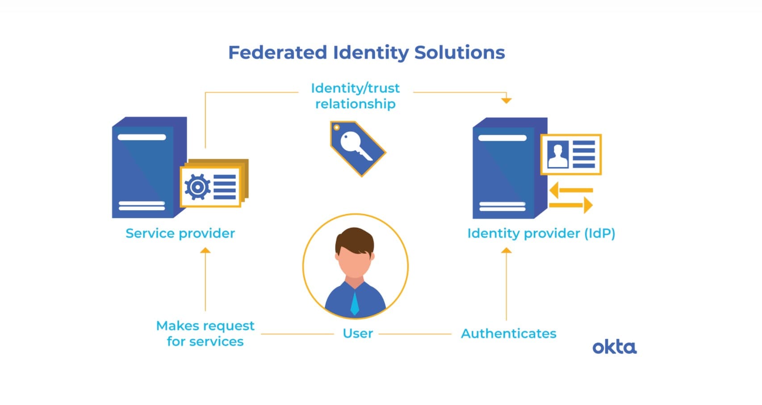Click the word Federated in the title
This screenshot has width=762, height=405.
(278, 53)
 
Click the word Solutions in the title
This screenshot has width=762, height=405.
(460, 53)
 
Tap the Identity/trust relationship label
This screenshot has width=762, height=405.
(356, 96)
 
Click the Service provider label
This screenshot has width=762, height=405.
(180, 233)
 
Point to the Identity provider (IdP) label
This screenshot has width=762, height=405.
(541, 233)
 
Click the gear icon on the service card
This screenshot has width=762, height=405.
(197, 187)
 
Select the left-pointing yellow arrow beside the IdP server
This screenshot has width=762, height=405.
(569, 190)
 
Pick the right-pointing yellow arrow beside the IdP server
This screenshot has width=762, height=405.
(572, 205)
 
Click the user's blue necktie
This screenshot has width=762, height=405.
(355, 303)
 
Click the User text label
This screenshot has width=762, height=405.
(358, 334)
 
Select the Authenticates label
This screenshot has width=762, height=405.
(508, 334)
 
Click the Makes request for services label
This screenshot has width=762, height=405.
(205, 334)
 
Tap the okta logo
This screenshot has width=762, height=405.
(614, 347)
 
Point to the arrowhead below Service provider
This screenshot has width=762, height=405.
(205, 251)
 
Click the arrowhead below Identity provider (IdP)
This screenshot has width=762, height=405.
(506, 251)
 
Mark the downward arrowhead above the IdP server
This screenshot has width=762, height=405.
(506, 100)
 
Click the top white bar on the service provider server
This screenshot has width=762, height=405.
(142, 137)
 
